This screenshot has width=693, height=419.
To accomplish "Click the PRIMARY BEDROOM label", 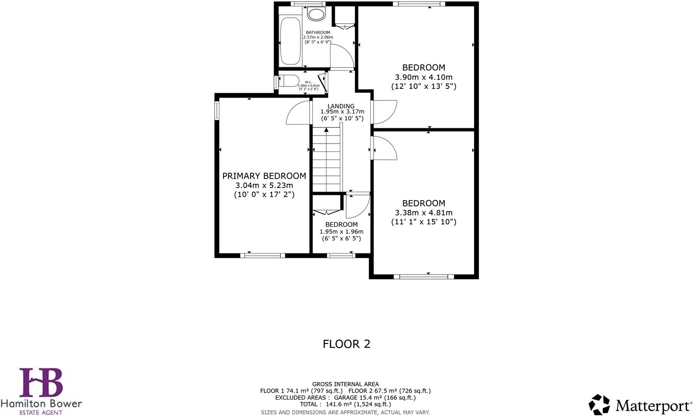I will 264,176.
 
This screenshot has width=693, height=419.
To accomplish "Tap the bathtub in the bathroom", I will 290,42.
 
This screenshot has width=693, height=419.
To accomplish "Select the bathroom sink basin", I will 317,14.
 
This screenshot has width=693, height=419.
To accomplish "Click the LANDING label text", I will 341,106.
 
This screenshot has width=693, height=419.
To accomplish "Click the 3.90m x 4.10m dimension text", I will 424,77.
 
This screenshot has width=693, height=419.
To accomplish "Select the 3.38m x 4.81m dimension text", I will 424,213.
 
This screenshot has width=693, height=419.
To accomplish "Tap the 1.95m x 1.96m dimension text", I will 342,231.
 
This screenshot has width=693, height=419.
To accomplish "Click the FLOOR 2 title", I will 346,344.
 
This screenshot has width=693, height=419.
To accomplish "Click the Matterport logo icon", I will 599,405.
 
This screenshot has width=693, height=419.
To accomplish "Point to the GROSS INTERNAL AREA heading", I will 345,384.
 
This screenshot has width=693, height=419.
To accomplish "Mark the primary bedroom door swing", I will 297,113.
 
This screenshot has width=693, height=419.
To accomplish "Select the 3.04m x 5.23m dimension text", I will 264,186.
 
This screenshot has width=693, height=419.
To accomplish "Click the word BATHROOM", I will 318,33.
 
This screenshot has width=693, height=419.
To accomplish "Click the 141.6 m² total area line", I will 345,404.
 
